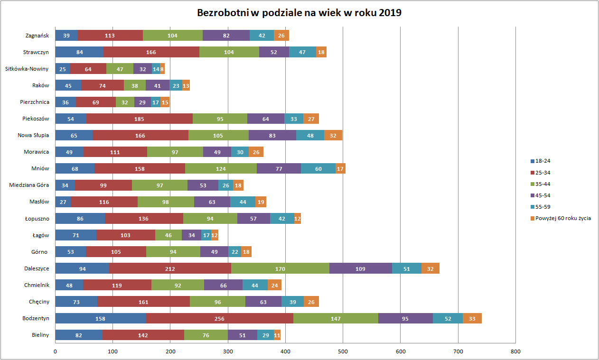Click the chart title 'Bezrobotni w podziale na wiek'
[x=299, y=13]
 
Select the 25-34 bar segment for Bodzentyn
[x=219, y=319]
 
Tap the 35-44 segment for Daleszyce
[x=280, y=269]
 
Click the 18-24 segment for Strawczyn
[x=79, y=52]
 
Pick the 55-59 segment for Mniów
[x=318, y=169]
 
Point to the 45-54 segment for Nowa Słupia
[x=272, y=136]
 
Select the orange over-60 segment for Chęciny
[x=311, y=302]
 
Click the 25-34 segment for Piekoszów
[x=139, y=119]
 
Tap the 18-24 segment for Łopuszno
[x=80, y=219]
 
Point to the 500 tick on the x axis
[x=343, y=351]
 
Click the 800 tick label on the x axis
[x=515, y=351]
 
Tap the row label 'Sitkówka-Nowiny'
[x=27, y=69]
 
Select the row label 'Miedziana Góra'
[x=29, y=185]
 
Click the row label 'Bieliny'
[x=40, y=335]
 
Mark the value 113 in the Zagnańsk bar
[x=110, y=36]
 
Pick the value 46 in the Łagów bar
[x=168, y=235]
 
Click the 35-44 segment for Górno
[x=173, y=252]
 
